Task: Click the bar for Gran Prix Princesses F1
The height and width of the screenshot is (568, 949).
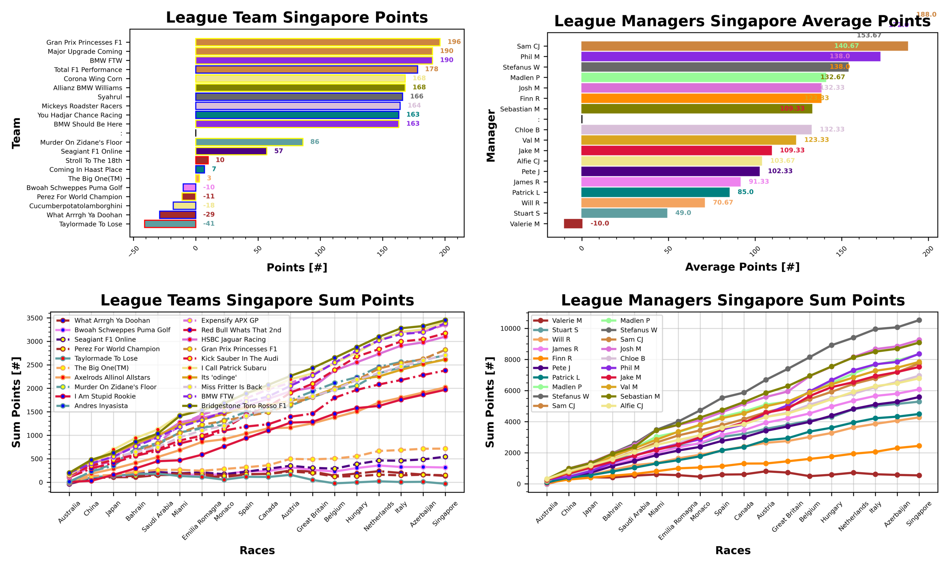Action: click(317, 42)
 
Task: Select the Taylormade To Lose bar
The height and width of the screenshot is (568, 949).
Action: click(170, 224)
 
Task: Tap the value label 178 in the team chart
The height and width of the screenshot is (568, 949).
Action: click(431, 69)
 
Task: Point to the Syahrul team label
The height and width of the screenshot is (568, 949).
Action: click(110, 97)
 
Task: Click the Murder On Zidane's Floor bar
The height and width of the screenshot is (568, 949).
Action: click(249, 142)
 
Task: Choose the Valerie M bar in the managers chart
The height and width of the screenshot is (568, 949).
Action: click(573, 224)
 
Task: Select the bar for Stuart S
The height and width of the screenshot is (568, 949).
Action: click(624, 213)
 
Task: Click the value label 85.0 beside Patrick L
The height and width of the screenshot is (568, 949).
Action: click(745, 192)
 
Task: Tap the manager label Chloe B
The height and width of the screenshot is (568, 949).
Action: click(527, 130)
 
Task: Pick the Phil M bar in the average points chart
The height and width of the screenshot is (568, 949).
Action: click(730, 56)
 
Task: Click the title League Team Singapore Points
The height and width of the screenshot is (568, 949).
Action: click(297, 18)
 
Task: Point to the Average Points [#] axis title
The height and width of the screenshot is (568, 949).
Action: click(742, 267)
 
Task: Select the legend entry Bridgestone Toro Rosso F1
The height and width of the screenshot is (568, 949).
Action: click(243, 406)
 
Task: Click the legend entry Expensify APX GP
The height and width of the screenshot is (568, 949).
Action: click(230, 321)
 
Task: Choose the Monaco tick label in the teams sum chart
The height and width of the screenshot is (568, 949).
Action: click(225, 511)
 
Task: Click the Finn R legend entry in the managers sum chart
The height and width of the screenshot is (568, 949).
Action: click(562, 358)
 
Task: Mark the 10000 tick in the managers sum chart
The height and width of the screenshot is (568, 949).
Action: click(510, 328)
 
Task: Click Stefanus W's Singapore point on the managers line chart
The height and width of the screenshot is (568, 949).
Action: click(919, 320)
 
